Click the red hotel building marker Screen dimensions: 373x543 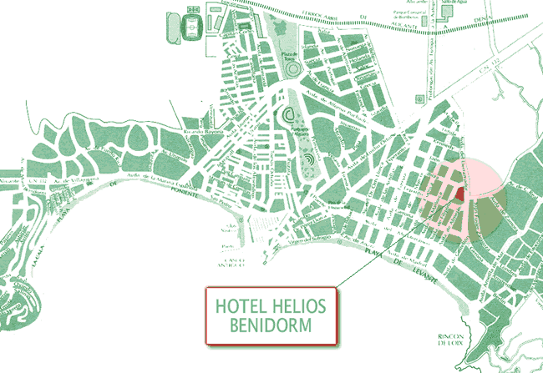click(x=459, y=194)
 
